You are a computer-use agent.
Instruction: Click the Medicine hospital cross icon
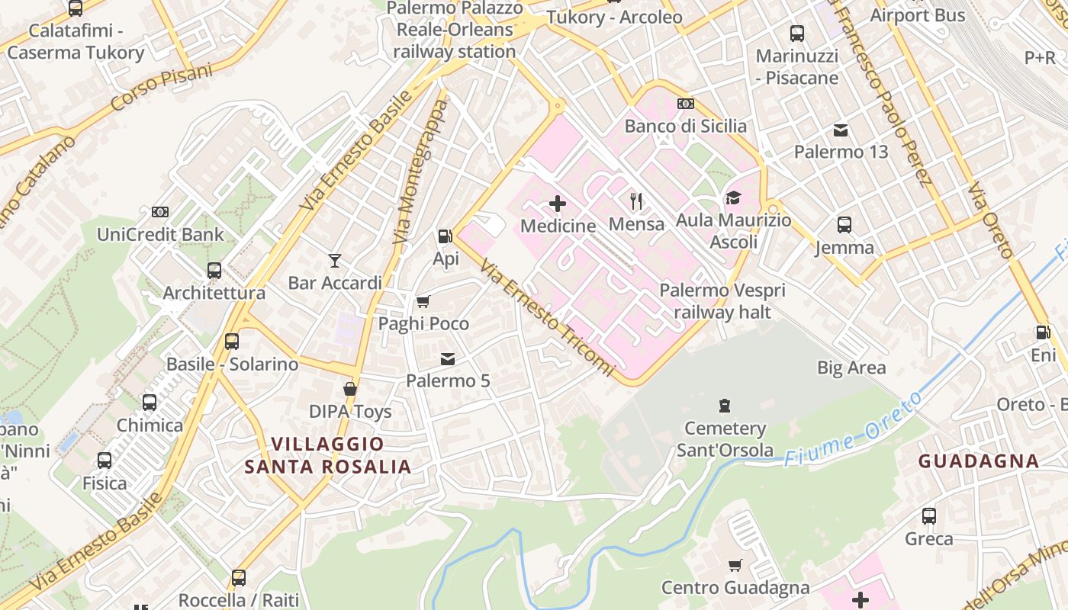pyautogui.click(x=558, y=204)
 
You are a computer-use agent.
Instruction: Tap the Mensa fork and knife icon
pyautogui.click(x=636, y=201)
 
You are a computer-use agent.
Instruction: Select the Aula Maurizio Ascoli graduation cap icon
pyautogui.click(x=733, y=198)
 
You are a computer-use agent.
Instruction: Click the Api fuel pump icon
pyautogui.click(x=445, y=236)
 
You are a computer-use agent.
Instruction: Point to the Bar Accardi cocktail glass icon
pyautogui.click(x=334, y=261)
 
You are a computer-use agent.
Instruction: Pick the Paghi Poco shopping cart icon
pyautogui.click(x=423, y=301)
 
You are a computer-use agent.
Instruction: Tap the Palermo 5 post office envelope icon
pyautogui.click(x=448, y=358)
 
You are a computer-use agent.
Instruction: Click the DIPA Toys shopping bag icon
pyautogui.click(x=350, y=390)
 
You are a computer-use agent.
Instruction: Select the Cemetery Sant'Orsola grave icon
pyautogui.click(x=725, y=406)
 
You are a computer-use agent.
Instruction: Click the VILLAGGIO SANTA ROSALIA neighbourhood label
pyautogui.click(x=327, y=455)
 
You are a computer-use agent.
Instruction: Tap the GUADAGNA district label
pyautogui.click(x=978, y=461)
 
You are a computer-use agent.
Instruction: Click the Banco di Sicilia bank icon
pyautogui.click(x=685, y=104)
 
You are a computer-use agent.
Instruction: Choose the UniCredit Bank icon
pyautogui.click(x=160, y=212)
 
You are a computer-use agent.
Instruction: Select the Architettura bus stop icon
pyautogui.click(x=214, y=271)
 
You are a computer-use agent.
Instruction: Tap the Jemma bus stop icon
pyautogui.click(x=844, y=225)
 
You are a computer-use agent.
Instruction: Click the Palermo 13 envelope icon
pyautogui.click(x=841, y=130)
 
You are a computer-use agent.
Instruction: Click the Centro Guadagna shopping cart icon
pyautogui.click(x=735, y=565)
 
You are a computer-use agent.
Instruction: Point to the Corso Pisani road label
pyautogui.click(x=161, y=88)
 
